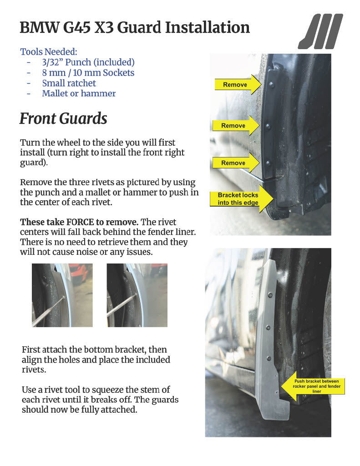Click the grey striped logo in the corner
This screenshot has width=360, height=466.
pos(320,31)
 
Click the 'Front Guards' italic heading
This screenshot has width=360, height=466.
pos(63,119)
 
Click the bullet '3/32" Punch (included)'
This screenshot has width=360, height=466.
pos(88,62)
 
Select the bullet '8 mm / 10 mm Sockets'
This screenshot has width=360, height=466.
pos(88,73)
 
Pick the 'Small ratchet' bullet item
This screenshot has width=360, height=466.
pos(69,83)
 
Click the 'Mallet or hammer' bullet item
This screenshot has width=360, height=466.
pos(79,94)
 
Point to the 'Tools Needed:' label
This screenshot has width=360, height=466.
pos(49,52)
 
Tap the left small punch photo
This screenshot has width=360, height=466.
pos(62,295)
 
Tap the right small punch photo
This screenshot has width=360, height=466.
pos(137,295)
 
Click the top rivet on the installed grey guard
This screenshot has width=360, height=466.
pos(270,295)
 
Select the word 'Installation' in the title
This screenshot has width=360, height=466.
pos(207,28)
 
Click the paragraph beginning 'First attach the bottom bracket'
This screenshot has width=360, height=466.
pos(96,360)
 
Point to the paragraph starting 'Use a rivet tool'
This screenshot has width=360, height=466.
pos(100,400)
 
